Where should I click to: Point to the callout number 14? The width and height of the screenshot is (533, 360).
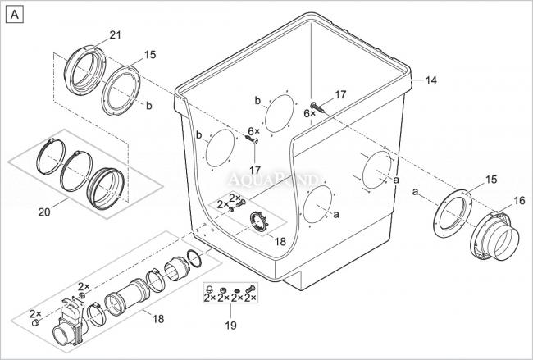[431, 80]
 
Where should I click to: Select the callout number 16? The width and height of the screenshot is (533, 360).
[519, 199]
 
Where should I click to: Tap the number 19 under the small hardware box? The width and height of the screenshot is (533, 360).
[230, 325]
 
